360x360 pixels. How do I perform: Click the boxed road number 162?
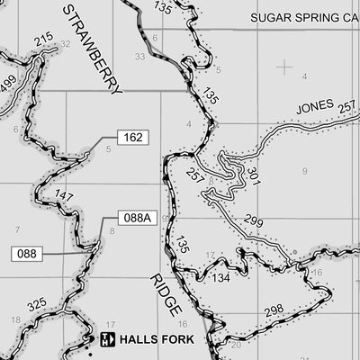[131, 138]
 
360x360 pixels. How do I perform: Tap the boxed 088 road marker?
[27, 254]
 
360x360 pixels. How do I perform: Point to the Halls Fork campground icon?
[108, 339]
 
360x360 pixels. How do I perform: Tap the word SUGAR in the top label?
[269, 17]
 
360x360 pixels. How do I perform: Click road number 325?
[36, 306]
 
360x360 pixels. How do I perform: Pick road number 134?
[222, 278]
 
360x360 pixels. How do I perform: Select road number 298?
[274, 311]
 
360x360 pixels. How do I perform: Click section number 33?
[139, 57]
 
